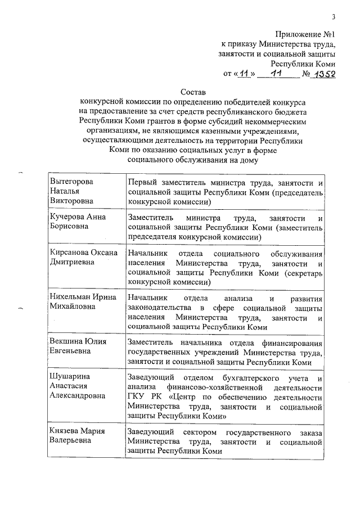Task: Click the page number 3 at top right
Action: pos(333,16)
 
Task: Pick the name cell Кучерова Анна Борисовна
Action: pos(78,222)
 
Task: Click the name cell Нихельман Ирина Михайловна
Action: pos(83,301)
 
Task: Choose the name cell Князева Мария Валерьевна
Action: pos(79,436)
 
